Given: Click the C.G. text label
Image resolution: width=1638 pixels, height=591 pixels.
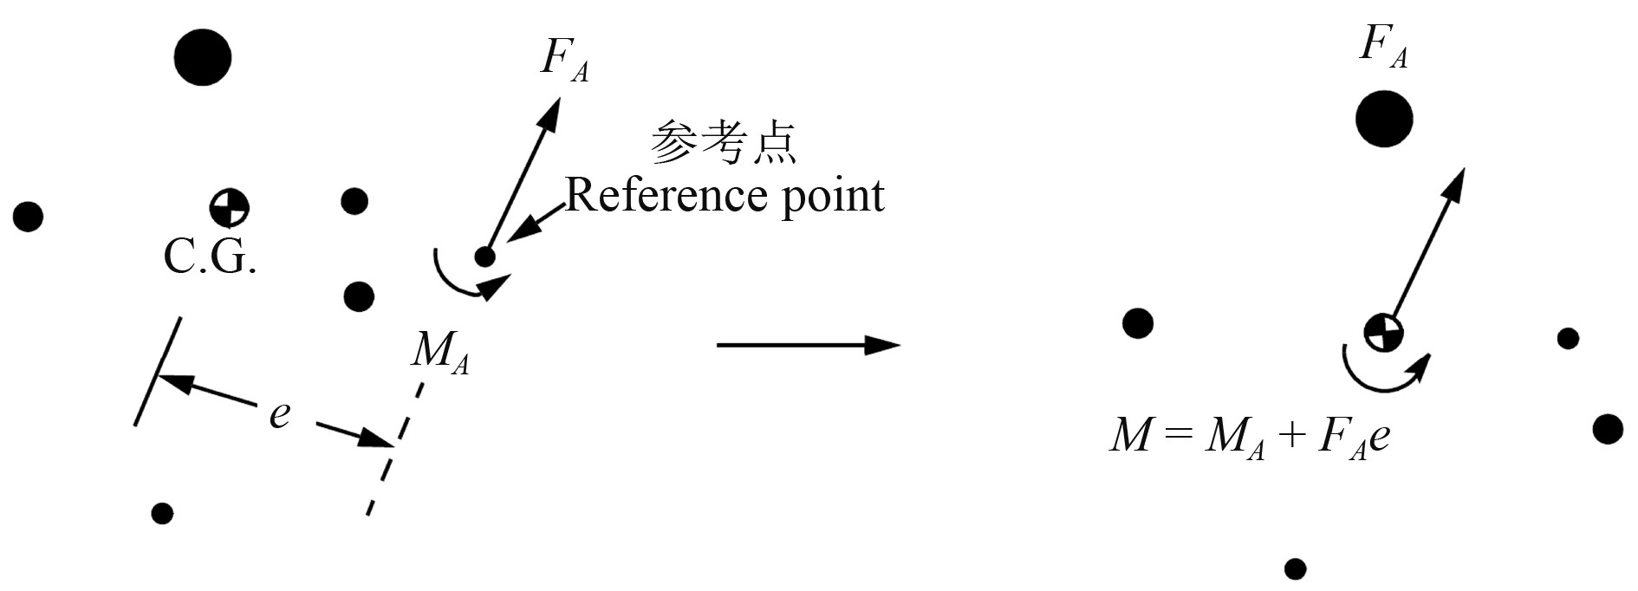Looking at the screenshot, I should point(210,257).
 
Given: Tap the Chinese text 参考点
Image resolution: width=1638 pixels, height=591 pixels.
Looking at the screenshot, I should point(723,142).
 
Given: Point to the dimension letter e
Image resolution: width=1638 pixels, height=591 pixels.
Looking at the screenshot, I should point(279,413).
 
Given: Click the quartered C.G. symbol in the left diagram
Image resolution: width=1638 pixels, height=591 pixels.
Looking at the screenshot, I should point(230,207).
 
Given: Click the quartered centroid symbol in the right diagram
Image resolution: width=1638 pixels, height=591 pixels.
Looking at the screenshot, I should point(1382,332).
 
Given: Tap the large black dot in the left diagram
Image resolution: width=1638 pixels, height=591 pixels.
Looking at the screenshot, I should point(203,57).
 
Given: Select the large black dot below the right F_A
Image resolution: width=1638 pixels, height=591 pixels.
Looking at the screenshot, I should point(1384,119).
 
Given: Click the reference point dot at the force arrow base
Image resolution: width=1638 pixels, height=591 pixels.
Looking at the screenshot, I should point(484,257).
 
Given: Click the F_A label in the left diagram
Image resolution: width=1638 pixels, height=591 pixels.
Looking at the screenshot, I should point(564,60).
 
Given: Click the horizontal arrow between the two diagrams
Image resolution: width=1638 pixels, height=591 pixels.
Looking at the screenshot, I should point(808,345).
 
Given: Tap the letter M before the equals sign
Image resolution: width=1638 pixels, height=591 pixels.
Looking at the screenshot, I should point(1131,434).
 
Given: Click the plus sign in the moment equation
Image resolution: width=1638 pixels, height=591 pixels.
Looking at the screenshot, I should point(1290,434).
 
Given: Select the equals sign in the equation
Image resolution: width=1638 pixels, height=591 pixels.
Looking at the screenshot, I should point(1179,434).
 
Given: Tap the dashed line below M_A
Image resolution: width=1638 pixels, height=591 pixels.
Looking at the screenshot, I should point(394,447).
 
